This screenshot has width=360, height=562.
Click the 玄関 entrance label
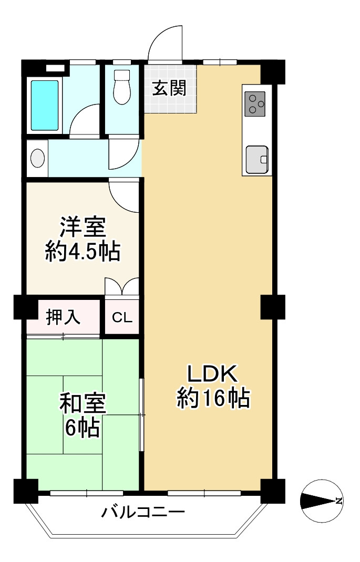(x=169, y=89)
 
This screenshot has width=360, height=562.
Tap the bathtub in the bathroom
(x=45, y=105)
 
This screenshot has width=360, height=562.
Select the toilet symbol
(x=121, y=87)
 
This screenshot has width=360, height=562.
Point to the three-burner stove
(x=255, y=104)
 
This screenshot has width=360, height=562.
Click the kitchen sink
(x=257, y=160)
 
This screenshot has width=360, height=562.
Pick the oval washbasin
(x=38, y=158)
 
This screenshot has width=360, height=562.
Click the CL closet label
(x=122, y=317)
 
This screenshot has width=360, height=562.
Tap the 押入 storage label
(x=64, y=317)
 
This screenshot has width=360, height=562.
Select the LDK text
(x=213, y=374)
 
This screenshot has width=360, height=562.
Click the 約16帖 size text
(x=213, y=398)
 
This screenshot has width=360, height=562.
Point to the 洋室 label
(x=83, y=227)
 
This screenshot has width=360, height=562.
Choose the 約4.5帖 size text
(x=83, y=251)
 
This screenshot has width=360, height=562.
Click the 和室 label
(x=83, y=403)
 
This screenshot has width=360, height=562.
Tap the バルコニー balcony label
(x=143, y=512)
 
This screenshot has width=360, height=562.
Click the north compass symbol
(x=322, y=501)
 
